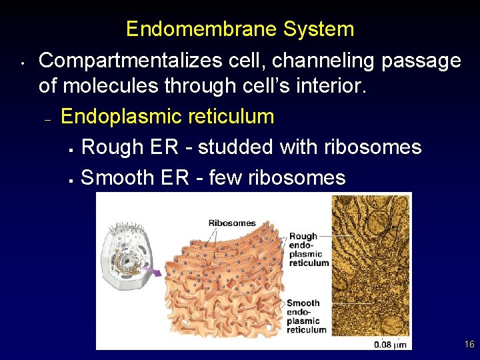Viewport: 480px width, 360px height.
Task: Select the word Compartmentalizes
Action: pos(131,61)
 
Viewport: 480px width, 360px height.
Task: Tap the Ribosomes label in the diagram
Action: pos(232,223)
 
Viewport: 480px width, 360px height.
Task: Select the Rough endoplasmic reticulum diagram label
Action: pos(309,249)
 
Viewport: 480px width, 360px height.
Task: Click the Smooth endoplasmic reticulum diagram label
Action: pos(307,317)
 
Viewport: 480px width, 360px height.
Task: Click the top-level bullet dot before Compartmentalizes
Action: pos(22,65)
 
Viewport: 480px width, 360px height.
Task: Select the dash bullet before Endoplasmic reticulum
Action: pos(47,120)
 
